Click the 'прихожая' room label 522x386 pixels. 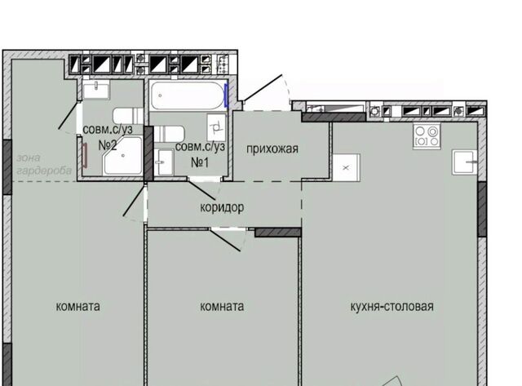(x=272, y=149)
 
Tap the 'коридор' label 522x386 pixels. (x=222, y=207)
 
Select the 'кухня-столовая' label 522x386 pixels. (x=391, y=306)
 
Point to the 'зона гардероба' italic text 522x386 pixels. (x=44, y=164)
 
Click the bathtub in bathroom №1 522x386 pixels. (x=188, y=95)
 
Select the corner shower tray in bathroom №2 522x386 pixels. (x=123, y=156)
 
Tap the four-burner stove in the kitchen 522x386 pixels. (x=427, y=136)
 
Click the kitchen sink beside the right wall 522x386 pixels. (x=465, y=162)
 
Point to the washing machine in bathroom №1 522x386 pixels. (x=216, y=127)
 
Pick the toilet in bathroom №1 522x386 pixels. (x=169, y=134)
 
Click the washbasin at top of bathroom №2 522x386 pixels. (x=96, y=90)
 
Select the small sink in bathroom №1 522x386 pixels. (x=164, y=162)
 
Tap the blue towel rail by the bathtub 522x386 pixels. (x=227, y=95)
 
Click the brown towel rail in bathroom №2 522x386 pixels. (x=85, y=155)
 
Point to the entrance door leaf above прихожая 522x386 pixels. (x=263, y=88)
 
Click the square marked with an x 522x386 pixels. (x=346, y=167)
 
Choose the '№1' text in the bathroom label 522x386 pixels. (x=200, y=162)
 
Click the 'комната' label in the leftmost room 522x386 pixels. (x=78, y=306)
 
